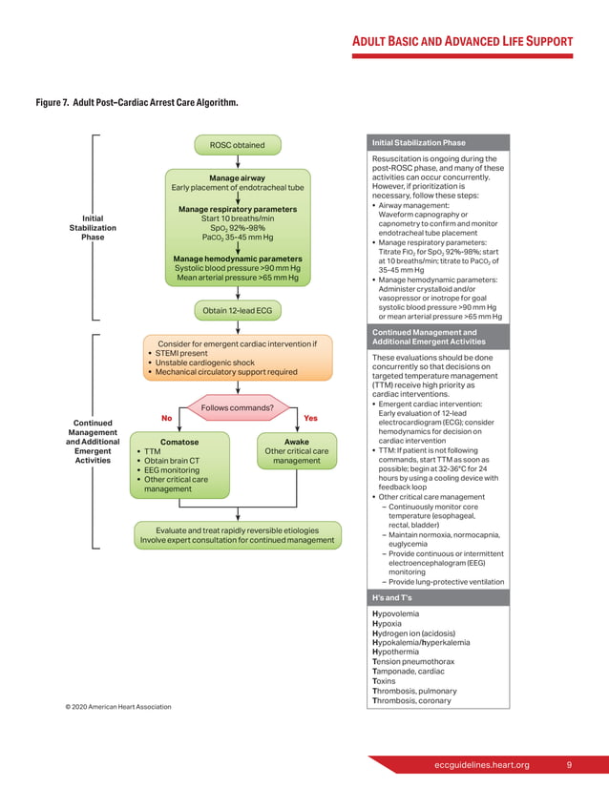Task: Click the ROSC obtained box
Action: (x=238, y=145)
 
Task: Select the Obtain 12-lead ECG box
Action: (x=238, y=310)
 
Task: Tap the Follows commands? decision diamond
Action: (x=238, y=409)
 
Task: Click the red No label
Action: (x=166, y=418)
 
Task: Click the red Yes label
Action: (x=310, y=418)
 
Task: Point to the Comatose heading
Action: (x=179, y=442)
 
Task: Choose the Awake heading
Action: (x=296, y=442)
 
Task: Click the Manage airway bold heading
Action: (x=237, y=177)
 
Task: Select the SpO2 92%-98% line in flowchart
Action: (x=237, y=228)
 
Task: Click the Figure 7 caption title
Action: (x=136, y=101)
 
